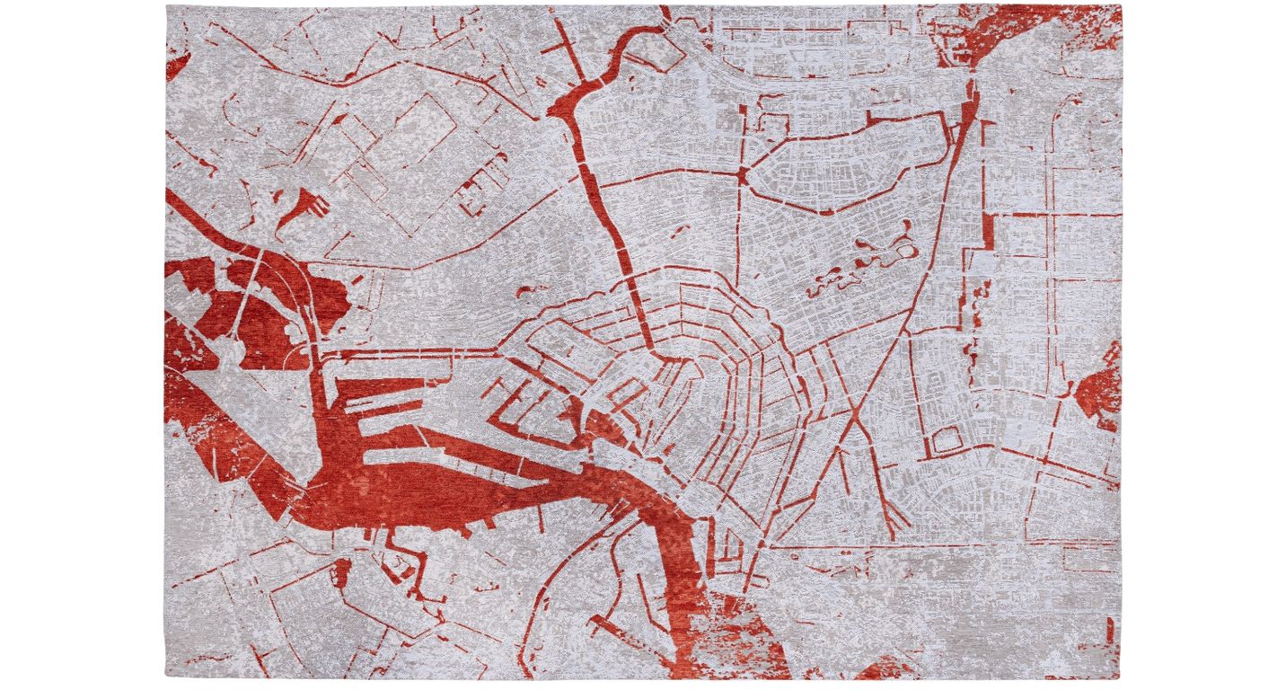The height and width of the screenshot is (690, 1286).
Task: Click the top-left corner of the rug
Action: (167, 6)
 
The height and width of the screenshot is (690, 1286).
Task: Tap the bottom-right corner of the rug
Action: (1120, 679)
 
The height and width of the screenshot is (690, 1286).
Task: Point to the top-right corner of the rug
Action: (1121, 5)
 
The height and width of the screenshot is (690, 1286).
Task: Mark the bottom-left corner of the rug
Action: (166, 677)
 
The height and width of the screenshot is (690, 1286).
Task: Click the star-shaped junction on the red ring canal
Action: (743, 173)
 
